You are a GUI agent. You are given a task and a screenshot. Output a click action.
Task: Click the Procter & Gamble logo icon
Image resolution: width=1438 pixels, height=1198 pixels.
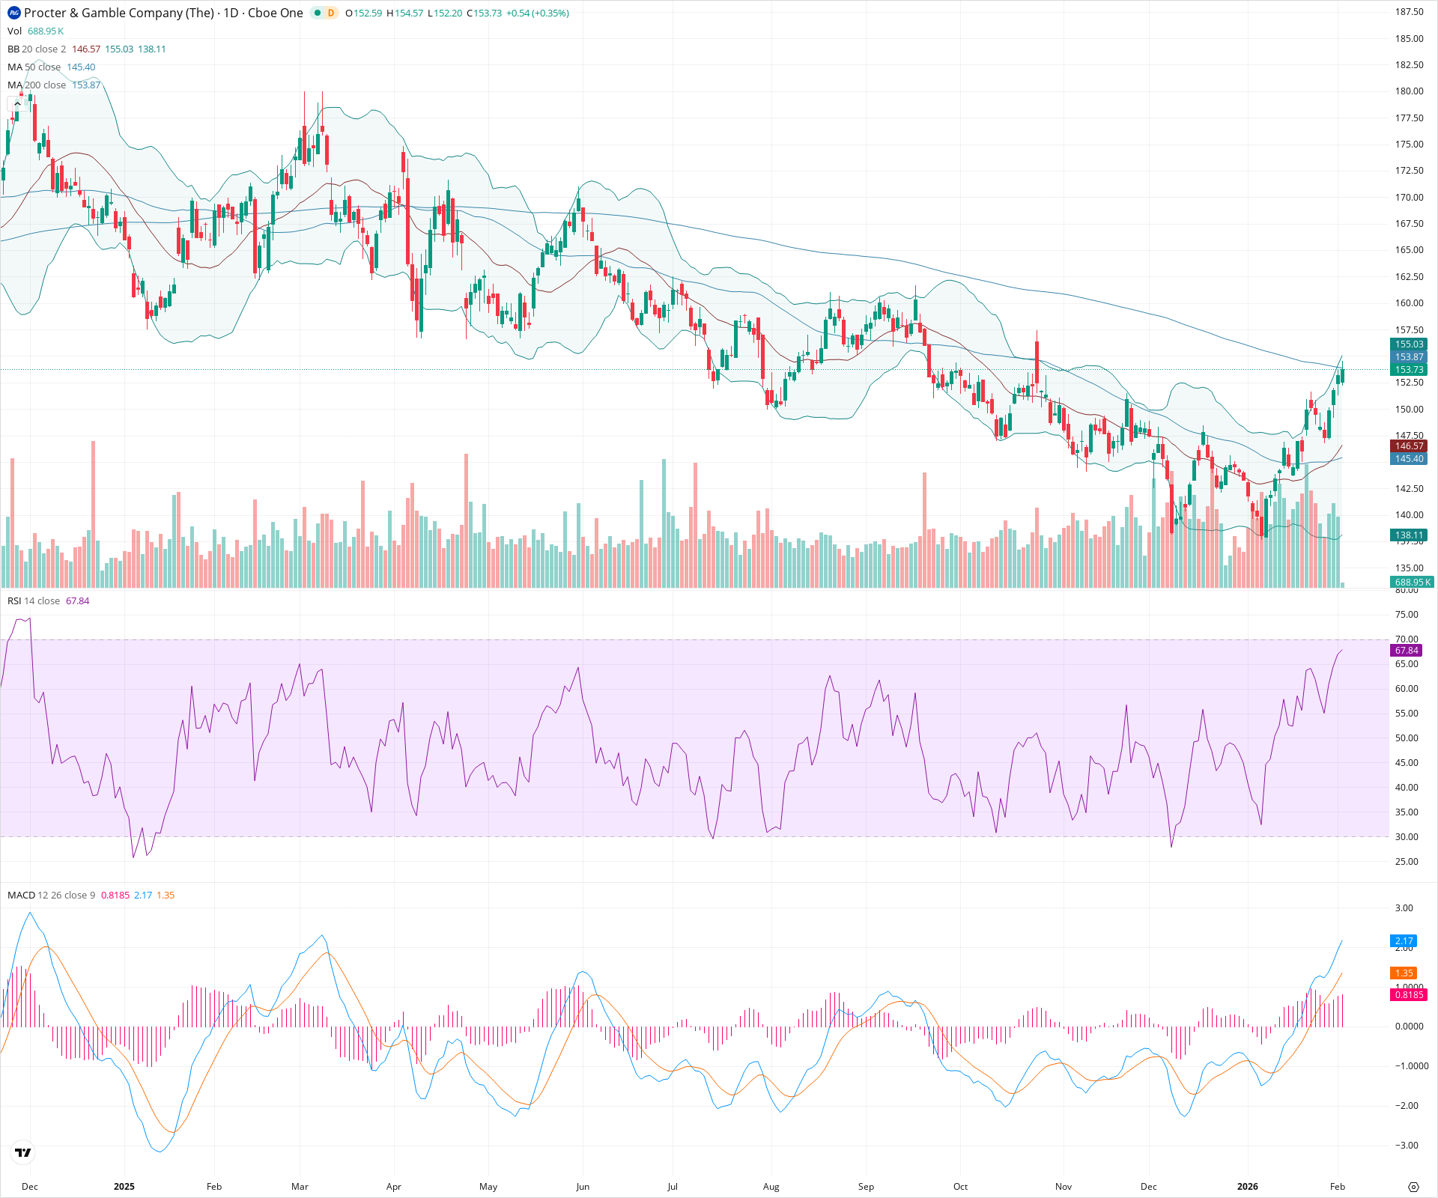13,13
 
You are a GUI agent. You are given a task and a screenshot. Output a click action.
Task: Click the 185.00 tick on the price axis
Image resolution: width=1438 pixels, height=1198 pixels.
1409,39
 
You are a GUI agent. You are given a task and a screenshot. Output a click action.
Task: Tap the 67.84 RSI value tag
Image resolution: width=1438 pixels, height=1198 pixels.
1407,651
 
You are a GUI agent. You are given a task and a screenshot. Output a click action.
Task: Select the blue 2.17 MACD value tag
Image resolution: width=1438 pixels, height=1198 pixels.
1404,941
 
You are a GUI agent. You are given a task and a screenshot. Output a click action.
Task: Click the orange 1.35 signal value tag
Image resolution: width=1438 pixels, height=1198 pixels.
1404,973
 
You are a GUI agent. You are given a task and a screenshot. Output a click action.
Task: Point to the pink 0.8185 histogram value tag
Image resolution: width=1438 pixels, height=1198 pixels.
1408,995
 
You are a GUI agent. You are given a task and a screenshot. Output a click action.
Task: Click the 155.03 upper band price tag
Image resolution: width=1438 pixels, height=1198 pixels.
1408,344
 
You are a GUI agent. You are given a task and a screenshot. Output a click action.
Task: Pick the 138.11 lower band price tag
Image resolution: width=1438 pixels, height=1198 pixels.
1408,535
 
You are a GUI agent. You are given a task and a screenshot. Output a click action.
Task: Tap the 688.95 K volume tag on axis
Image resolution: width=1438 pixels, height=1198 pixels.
1411,582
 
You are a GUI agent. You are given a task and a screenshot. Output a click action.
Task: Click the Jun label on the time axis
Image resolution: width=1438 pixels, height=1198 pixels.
583,1187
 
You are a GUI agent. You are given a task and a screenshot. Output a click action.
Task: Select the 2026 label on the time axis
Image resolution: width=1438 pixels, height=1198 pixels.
1247,1187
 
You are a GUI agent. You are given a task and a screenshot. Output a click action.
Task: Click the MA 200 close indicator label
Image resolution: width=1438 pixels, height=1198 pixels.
37,85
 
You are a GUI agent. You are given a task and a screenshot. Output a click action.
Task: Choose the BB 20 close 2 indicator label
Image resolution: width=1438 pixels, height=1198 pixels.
37,49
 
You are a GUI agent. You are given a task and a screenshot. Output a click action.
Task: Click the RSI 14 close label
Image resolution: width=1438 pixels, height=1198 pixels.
34,601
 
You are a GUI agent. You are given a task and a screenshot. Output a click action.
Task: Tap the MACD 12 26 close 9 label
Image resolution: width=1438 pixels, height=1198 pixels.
51,896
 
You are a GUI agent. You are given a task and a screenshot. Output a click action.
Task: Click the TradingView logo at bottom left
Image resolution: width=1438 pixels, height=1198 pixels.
23,1152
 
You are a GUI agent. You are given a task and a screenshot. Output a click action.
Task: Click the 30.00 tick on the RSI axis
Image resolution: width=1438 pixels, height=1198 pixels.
1407,837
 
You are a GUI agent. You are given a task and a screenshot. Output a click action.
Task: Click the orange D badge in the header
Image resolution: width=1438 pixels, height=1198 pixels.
330,13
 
